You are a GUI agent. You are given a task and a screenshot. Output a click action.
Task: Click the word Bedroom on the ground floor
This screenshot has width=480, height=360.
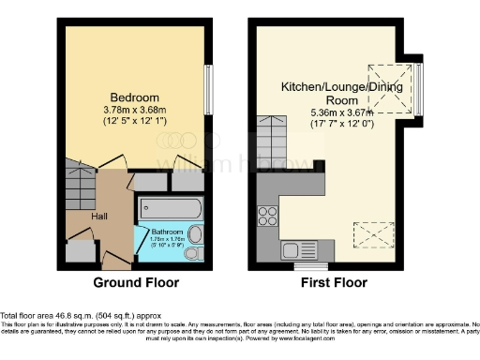[x=134, y=97]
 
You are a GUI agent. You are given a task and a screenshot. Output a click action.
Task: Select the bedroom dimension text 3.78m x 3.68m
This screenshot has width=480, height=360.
[x=134, y=110]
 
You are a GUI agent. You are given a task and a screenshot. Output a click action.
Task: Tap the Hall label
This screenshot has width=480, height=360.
[x=98, y=216]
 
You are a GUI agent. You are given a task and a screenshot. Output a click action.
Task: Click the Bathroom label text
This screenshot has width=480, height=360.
[x=167, y=231]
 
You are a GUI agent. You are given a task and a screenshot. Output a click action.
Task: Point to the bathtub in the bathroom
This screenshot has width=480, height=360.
[x=170, y=208]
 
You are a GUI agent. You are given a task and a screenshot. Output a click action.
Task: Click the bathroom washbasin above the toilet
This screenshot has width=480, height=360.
[x=195, y=234]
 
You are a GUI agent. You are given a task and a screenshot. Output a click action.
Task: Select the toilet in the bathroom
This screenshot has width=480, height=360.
[x=192, y=253]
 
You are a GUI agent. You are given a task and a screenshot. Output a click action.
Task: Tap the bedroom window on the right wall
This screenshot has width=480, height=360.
[x=207, y=90]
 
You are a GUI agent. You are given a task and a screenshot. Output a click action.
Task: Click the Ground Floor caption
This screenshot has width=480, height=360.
[x=136, y=282]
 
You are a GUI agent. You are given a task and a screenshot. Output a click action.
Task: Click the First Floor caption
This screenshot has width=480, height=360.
[x=335, y=282]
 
